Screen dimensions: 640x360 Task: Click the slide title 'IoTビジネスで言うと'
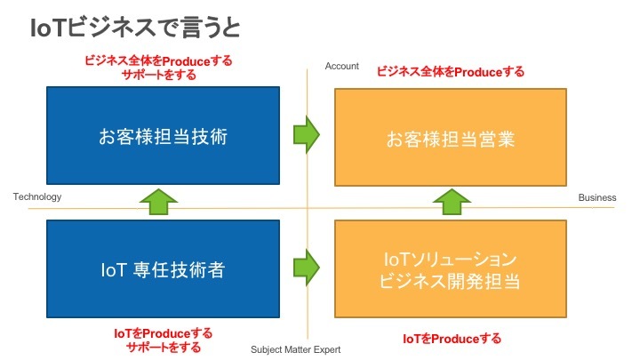click(x=135, y=28)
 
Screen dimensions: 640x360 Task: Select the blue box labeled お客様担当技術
click(x=163, y=135)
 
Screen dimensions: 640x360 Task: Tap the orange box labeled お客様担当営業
click(x=451, y=137)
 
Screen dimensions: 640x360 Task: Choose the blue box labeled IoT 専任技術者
click(x=163, y=269)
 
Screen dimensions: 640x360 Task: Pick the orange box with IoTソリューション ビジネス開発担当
click(x=451, y=269)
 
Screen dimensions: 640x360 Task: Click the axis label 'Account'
click(x=341, y=66)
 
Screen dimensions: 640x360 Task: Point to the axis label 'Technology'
click(x=37, y=196)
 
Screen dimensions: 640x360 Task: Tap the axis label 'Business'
click(x=597, y=197)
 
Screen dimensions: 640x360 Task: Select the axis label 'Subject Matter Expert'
click(x=295, y=349)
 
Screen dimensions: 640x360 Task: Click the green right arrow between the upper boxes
click(x=307, y=135)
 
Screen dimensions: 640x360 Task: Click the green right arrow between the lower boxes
click(x=307, y=268)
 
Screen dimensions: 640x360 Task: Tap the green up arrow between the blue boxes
click(x=159, y=202)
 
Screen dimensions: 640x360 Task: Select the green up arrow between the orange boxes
click(x=452, y=202)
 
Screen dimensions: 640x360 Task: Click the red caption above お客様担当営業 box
click(x=450, y=72)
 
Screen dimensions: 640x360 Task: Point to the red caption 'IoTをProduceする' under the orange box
click(x=452, y=339)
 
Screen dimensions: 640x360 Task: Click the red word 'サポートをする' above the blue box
click(x=159, y=75)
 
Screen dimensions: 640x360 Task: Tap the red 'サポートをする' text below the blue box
click(x=164, y=347)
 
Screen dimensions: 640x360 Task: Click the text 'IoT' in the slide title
click(x=48, y=28)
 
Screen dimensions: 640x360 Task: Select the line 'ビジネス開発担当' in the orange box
click(x=450, y=281)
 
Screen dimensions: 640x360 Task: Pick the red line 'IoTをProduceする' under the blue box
click(x=164, y=333)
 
